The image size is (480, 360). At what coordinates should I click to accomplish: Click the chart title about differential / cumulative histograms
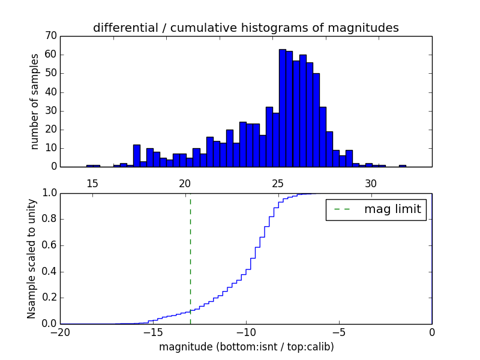(245, 28)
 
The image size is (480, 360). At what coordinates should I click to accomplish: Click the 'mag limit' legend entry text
(392, 209)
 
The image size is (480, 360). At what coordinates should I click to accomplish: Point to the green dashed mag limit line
(190, 258)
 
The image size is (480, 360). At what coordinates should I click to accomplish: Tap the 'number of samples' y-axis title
(35, 101)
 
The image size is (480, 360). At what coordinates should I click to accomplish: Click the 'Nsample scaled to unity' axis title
(31, 259)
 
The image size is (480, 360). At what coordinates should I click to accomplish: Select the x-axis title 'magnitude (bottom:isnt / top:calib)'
(246, 347)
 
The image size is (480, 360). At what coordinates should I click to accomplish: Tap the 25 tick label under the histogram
(278, 183)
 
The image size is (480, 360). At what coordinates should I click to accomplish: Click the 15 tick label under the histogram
(92, 183)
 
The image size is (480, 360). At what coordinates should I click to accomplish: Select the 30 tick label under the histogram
(371, 183)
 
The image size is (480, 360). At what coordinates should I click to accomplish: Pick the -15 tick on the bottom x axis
(153, 332)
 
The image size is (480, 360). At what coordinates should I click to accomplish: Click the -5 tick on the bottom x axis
(339, 332)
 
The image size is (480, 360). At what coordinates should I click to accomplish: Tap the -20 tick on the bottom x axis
(60, 332)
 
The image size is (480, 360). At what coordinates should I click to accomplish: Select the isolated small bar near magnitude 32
(402, 166)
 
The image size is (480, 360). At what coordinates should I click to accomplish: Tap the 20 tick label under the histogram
(185, 183)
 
